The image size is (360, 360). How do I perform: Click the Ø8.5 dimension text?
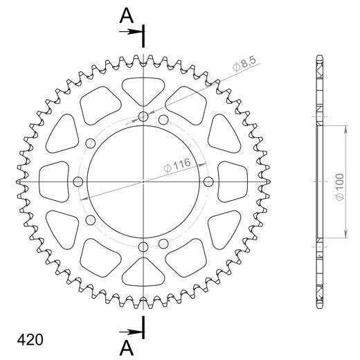pos(244,67)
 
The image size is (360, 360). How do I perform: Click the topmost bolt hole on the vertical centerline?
pos(143,116)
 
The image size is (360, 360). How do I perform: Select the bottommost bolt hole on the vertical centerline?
pos(143,247)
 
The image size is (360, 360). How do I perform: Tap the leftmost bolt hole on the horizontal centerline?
pos(78,181)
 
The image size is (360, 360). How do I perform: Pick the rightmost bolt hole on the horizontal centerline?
pos(209,181)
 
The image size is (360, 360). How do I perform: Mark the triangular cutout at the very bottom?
pos(143,273)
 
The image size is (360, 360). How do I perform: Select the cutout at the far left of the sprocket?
pos(54,181)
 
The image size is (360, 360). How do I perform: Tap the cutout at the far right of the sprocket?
pos(233,181)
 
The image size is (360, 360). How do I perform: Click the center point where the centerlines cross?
pos(143,181)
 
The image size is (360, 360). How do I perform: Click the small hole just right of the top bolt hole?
pos(163,120)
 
